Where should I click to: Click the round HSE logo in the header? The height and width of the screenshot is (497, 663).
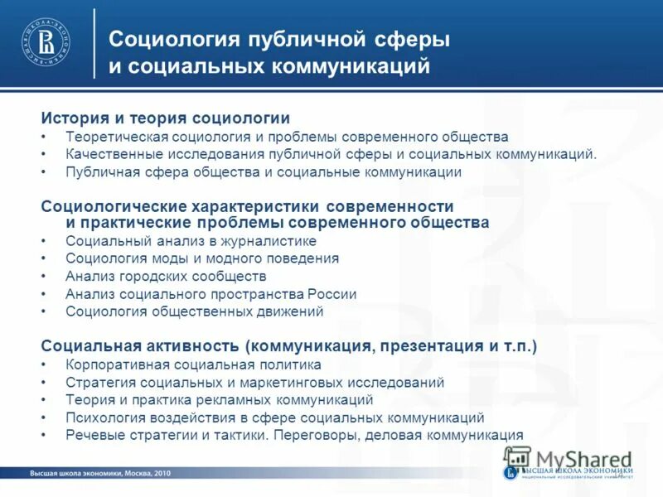[x=46, y=40]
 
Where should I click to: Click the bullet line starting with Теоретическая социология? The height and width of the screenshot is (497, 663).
[x=286, y=137]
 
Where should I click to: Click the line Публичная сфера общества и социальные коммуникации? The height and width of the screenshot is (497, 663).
[x=263, y=172]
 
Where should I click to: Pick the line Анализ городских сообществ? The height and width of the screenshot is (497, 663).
[x=165, y=276]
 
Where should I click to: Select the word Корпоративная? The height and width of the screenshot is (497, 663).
[x=114, y=364]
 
